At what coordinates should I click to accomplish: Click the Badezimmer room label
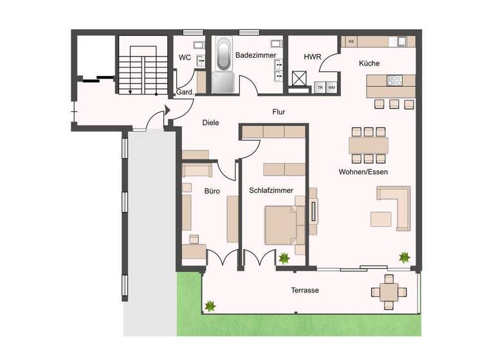coord(255,56)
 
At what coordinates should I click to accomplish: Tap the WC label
coord(185,58)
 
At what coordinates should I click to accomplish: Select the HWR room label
coord(313,57)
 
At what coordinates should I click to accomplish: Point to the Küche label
coord(369,64)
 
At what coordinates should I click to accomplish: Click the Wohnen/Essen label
coord(363,172)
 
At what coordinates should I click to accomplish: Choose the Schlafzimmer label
coord(271,191)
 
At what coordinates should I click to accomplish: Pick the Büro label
coord(213,191)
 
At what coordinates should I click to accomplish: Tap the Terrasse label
coord(304,291)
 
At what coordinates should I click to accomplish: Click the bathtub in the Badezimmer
coord(224,55)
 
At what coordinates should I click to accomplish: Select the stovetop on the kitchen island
coord(393,81)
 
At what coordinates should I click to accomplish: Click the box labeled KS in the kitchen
coord(351,42)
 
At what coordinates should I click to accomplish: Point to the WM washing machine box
coord(332,87)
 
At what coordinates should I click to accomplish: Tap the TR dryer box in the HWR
coord(320,87)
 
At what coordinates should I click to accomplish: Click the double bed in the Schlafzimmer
coord(281,224)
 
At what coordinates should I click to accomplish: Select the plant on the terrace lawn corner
coord(209,306)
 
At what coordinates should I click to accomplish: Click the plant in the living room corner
coord(405,258)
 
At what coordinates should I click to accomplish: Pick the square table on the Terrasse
coord(389,291)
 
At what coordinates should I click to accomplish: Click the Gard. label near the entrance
coord(185,93)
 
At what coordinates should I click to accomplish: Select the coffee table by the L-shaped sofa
coord(380,219)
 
